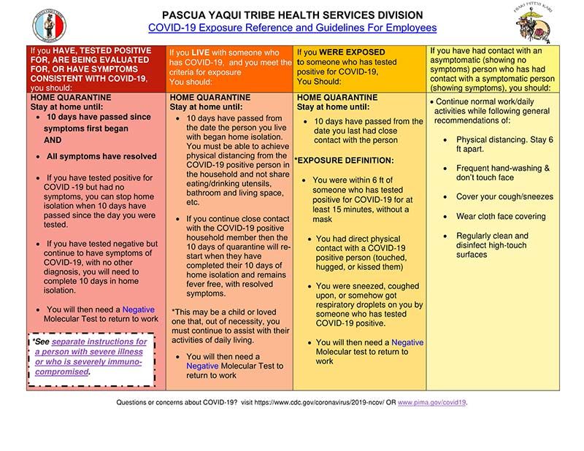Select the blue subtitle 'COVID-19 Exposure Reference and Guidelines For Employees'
click(x=292, y=28)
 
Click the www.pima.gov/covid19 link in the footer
click(x=432, y=402)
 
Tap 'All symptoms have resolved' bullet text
click(x=101, y=156)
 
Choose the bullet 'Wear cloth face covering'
click(x=500, y=217)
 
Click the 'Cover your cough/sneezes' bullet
click(x=504, y=197)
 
